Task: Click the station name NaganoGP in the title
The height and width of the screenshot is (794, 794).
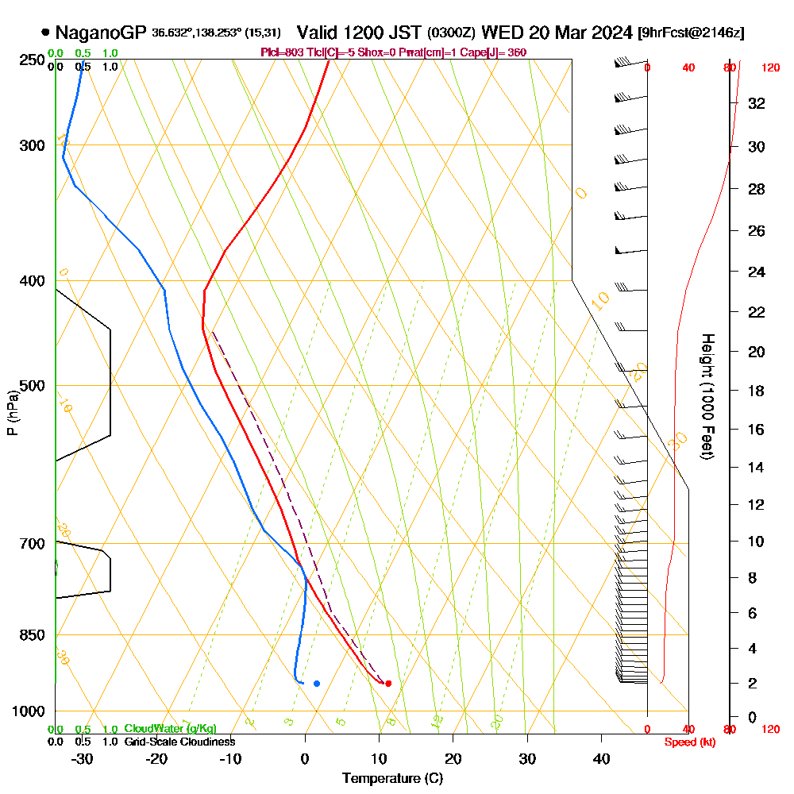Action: click(101, 33)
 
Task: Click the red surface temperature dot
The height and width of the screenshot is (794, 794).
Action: click(387, 683)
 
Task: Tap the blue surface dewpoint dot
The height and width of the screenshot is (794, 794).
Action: click(317, 683)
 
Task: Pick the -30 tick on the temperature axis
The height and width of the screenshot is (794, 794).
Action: click(82, 759)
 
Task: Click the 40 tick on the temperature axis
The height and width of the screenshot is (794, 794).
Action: click(601, 759)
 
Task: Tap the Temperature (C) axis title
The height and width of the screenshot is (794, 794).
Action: click(392, 778)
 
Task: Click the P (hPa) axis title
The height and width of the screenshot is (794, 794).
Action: click(12, 412)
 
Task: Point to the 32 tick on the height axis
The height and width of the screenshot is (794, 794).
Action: click(757, 103)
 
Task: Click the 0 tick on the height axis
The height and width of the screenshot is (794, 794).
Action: click(752, 717)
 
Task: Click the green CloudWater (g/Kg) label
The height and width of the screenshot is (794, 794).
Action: click(170, 729)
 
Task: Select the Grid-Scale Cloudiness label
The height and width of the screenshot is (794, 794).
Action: click(179, 742)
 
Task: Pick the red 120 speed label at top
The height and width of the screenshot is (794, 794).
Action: click(770, 67)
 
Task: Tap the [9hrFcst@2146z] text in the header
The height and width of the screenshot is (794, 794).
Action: click(691, 33)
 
